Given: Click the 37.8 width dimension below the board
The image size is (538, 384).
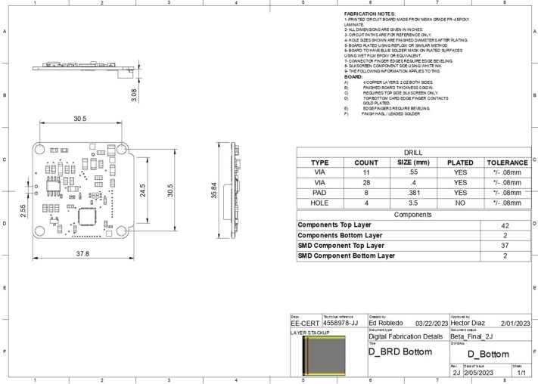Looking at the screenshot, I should pyautogui.click(x=81, y=254).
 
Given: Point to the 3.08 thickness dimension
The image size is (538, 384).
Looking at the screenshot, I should pyautogui.click(x=134, y=95).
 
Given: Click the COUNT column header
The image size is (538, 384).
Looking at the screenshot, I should pyautogui.click(x=366, y=163).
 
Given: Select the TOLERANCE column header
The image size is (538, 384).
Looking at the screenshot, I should pyautogui.click(x=506, y=163).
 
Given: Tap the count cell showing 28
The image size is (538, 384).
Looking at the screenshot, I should pyautogui.click(x=366, y=182).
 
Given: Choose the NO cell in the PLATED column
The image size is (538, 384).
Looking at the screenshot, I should pyautogui.click(x=459, y=203).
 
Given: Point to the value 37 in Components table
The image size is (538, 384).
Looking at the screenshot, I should pyautogui.click(x=505, y=246).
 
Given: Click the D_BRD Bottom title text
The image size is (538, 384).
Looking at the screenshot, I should pyautogui.click(x=400, y=351).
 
